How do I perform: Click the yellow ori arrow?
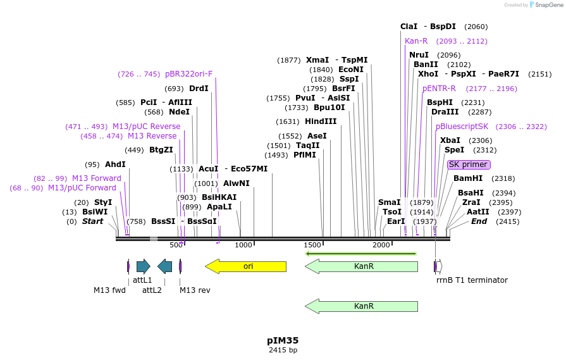point(246,266)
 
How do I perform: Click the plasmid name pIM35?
point(283,340)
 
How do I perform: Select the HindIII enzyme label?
point(321,121)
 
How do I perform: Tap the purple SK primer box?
point(469,164)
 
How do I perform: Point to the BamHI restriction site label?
point(468,178)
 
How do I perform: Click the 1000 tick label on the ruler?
point(243,245)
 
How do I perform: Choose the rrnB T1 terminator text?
point(472,280)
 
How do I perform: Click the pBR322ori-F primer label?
point(188,74)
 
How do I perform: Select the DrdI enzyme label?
point(199,89)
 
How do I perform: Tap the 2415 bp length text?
point(283,350)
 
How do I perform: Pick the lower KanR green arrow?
point(361,306)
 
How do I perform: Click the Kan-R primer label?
point(416,41)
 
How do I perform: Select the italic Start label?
point(92,221)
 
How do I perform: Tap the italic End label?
point(479,221)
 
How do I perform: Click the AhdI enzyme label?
point(115,164)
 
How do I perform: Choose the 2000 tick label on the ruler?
point(381,245)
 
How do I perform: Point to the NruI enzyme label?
point(419,55)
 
